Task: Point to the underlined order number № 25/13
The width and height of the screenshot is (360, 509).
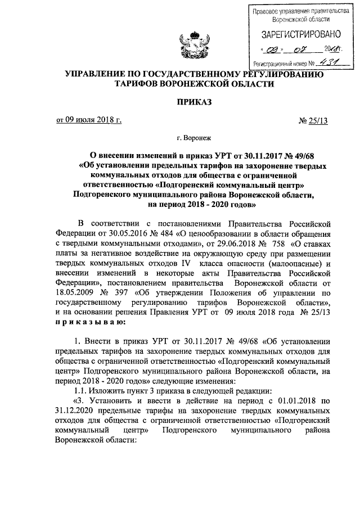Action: coord(307,120)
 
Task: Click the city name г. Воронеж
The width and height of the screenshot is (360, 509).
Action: coord(194,137)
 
